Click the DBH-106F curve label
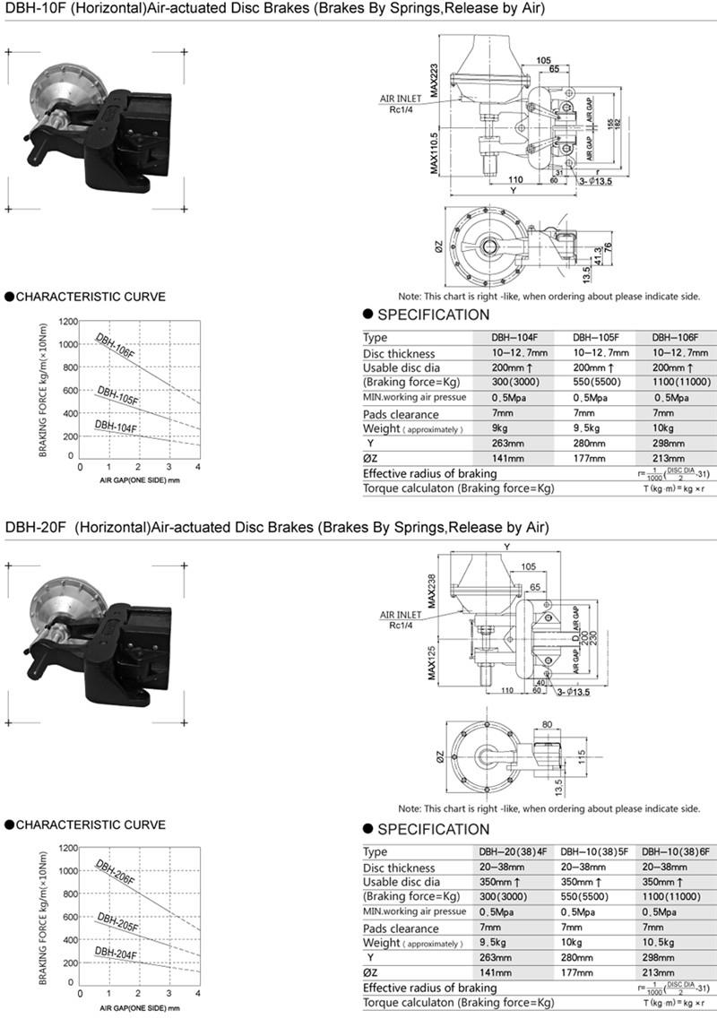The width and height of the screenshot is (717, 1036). (116, 346)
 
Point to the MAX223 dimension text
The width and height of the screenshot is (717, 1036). (434, 81)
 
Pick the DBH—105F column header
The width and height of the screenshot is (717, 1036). (592, 338)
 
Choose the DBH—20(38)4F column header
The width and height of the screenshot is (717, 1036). (512, 852)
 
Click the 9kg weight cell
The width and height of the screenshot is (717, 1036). (500, 429)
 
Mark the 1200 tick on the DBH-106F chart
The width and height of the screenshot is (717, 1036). (65, 321)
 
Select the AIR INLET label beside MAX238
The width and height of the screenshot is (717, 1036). (402, 615)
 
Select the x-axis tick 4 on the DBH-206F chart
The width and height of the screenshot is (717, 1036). (198, 994)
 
